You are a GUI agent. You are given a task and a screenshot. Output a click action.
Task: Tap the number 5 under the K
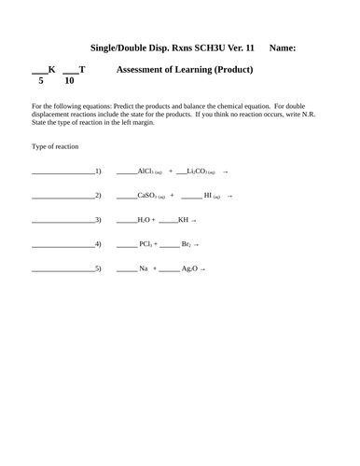click(41, 80)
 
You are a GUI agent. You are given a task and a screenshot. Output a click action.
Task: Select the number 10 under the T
click(69, 80)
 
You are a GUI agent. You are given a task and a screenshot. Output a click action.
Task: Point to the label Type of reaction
click(55, 147)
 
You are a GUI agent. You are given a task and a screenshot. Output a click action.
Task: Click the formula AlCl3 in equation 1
click(149, 171)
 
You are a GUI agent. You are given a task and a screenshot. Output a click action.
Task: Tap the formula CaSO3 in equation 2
click(151, 196)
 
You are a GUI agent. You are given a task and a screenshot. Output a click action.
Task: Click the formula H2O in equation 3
click(145, 220)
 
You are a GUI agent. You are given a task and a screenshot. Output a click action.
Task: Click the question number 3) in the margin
click(98, 220)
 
